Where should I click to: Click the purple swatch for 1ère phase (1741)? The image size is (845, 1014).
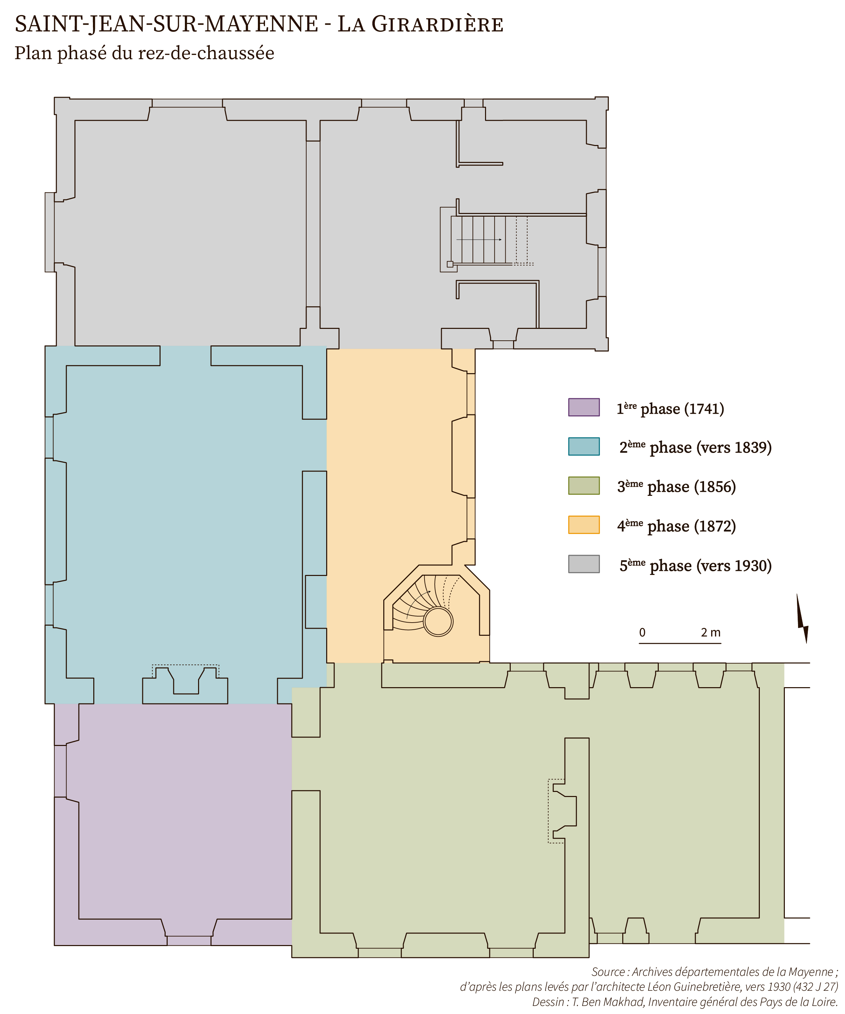[584, 407]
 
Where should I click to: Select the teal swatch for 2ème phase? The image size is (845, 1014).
[584, 446]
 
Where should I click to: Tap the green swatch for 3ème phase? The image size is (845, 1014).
[584, 485]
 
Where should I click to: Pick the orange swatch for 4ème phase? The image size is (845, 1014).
[584, 524]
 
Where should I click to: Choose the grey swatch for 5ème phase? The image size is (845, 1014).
[584, 563]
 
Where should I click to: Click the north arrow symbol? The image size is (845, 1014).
[802, 618]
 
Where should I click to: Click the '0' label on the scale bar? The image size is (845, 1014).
[642, 632]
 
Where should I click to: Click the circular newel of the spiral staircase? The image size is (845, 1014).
[438, 622]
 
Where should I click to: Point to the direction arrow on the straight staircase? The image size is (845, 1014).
[479, 240]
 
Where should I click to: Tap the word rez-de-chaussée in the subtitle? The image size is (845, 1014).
[206, 53]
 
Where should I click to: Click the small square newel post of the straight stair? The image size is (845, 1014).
[450, 264]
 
